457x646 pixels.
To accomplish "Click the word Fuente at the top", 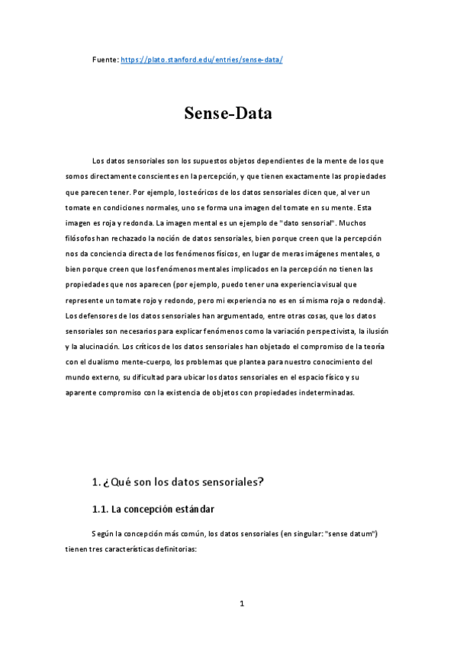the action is (x=105, y=59).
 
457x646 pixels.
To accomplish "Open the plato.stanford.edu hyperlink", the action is (x=202, y=59).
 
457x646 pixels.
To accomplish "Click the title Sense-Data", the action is (x=228, y=114).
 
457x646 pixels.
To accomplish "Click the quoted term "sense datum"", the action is (x=350, y=533).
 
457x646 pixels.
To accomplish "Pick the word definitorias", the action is (x=172, y=548).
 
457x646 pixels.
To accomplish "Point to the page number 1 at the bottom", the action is (x=242, y=604).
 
